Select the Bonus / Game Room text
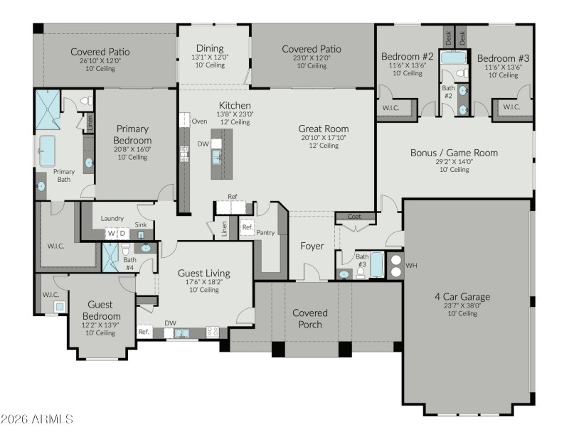pos(454,153)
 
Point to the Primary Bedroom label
pos(132,134)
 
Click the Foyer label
pos(312,246)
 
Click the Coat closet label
pos(353,217)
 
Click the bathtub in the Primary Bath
pos(48,151)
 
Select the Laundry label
pos(113,219)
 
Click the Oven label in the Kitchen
pos(199,121)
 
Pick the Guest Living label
pos(204,273)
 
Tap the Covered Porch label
pos(310,318)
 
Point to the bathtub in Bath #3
pos(376,264)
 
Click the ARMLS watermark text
pos(37,419)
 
